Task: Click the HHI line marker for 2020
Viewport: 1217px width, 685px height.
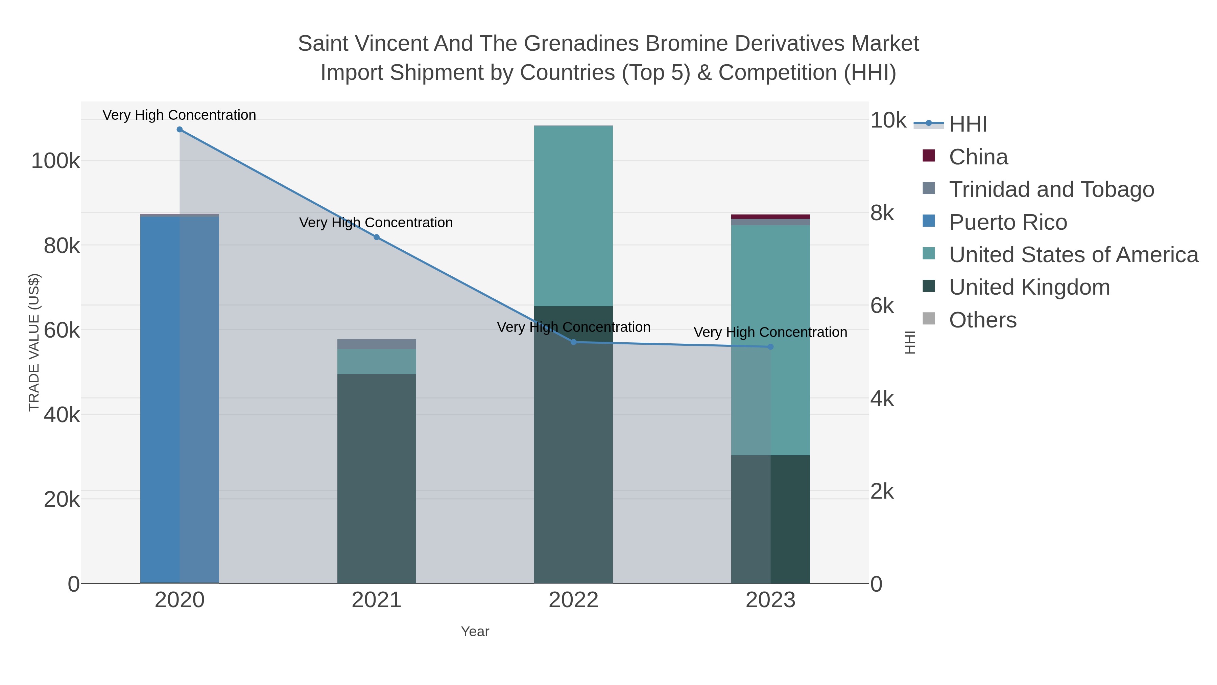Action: (180, 130)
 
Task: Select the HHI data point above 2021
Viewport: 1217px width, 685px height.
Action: (377, 237)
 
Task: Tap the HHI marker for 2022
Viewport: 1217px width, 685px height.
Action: (574, 342)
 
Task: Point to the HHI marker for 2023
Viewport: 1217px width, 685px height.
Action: (770, 347)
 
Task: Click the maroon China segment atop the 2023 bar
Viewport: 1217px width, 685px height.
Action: (770, 217)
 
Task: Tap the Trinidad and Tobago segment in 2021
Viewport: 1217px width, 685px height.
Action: (377, 344)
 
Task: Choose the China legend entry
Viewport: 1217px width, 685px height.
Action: (978, 157)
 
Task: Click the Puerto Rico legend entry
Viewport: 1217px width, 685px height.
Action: (1008, 222)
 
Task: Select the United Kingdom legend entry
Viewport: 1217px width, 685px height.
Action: (1029, 288)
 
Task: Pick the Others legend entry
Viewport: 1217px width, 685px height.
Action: (983, 320)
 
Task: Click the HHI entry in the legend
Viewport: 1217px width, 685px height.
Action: (968, 124)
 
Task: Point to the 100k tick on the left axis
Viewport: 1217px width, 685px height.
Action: (55, 161)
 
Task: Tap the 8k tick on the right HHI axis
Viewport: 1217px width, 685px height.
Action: (882, 213)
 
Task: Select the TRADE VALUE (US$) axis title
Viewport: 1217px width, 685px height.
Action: (34, 342)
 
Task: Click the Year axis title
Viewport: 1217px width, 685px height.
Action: (475, 632)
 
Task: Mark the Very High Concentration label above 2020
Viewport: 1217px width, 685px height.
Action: (180, 115)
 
